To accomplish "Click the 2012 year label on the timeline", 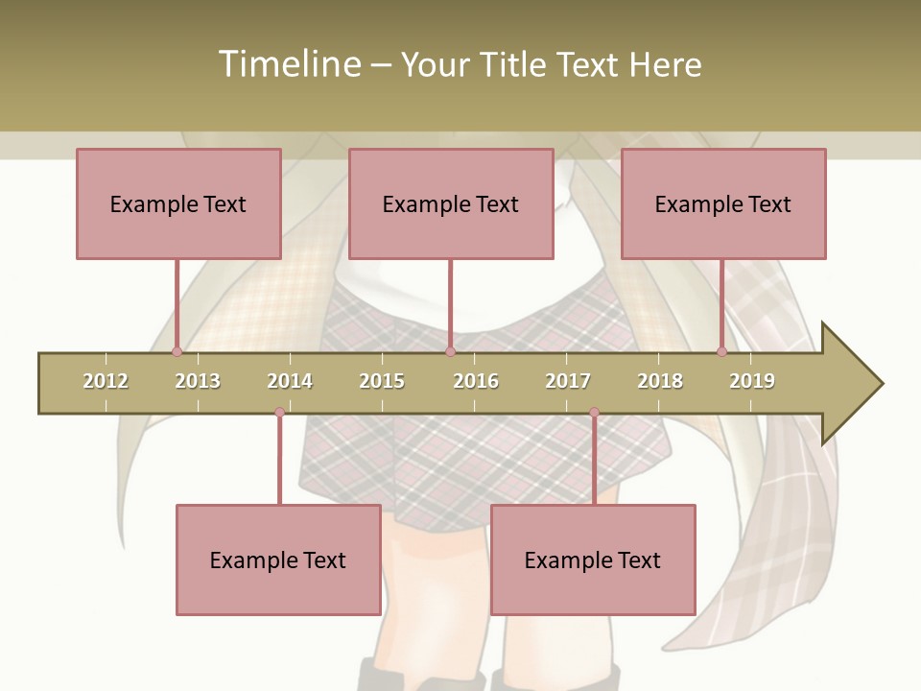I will tap(106, 381).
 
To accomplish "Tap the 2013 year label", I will tap(198, 381).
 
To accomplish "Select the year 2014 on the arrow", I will tap(290, 381).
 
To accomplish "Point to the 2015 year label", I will tap(382, 381).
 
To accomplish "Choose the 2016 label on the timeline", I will tap(476, 381).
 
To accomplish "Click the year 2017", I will tap(568, 381).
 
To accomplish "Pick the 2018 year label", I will tap(660, 381).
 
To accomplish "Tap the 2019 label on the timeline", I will tap(752, 381).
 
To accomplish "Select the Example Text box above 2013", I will tap(178, 203).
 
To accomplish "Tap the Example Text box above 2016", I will tap(451, 203).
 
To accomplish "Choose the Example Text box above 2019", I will tap(723, 203).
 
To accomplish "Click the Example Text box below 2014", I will tap(278, 560).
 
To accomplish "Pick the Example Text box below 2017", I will tap(593, 560).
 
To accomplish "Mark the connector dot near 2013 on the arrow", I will tap(177, 352).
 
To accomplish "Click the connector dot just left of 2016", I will tap(450, 352).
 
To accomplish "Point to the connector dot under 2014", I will tap(279, 413).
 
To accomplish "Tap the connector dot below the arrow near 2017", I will tap(594, 413).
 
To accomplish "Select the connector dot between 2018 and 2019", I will tap(721, 352).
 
